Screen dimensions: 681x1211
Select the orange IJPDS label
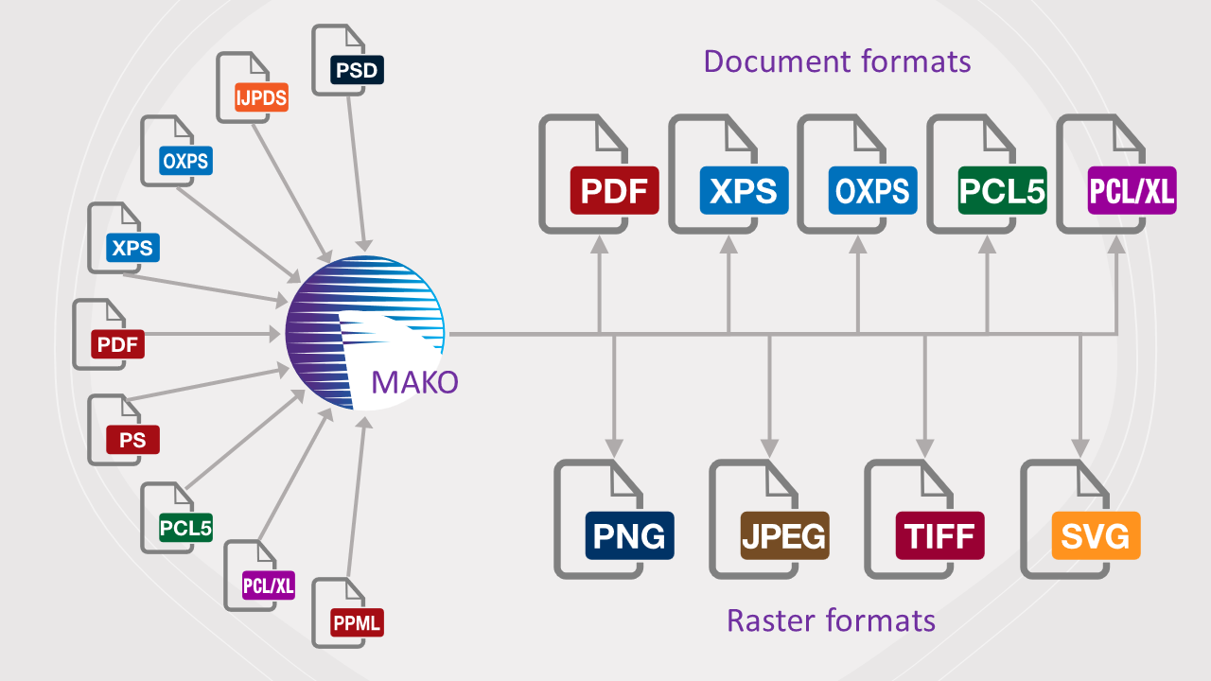coord(260,96)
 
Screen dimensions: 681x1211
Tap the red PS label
coord(132,440)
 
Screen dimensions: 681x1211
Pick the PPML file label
coord(356,622)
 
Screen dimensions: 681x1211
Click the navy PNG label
coord(628,535)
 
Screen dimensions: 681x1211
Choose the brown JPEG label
coord(783,535)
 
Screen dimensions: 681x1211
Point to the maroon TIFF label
coord(939,535)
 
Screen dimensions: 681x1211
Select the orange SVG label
coord(1096,535)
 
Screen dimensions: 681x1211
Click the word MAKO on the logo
coord(414,381)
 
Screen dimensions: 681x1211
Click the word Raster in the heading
coord(772,620)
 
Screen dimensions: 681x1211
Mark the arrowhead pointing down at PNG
coord(615,445)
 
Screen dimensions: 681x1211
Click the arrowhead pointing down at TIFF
coord(925,445)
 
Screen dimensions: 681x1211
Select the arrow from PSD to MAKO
coord(357,170)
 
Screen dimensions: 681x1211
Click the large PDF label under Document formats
coord(613,190)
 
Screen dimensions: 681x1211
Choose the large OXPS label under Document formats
coord(872,190)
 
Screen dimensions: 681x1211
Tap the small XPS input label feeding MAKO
coord(132,248)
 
